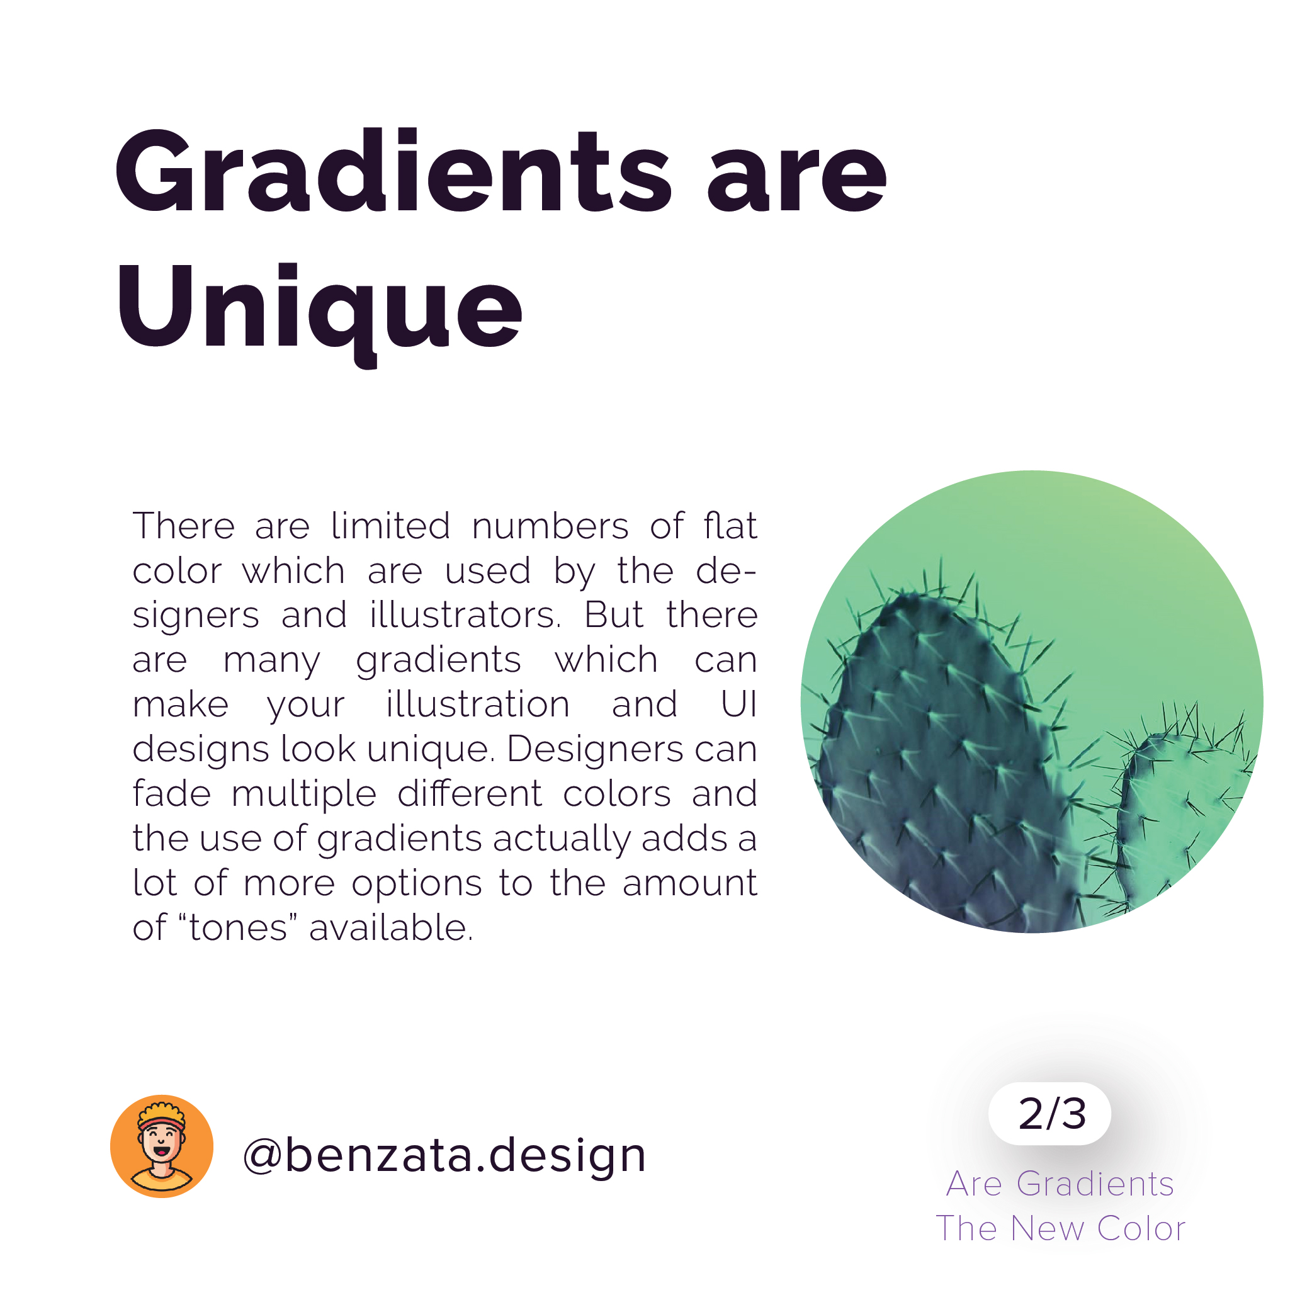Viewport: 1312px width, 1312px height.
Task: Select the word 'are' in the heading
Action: [x=797, y=179]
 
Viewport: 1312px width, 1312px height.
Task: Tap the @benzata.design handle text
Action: [x=444, y=1155]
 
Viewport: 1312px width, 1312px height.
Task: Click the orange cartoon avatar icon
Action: [x=162, y=1146]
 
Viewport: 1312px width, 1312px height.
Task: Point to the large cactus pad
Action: [x=944, y=761]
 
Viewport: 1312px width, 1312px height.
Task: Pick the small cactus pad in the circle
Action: [x=1182, y=815]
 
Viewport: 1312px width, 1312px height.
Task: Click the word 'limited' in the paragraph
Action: [x=390, y=526]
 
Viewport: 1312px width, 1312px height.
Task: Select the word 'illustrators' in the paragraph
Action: [x=466, y=615]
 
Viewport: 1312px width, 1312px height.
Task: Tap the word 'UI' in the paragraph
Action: [x=739, y=704]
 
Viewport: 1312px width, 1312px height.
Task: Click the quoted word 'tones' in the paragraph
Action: [x=238, y=927]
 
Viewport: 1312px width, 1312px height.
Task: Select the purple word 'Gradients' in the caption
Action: [x=1095, y=1184]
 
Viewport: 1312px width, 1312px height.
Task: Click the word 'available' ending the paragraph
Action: [x=390, y=927]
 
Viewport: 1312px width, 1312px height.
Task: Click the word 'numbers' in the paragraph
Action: [x=550, y=526]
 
